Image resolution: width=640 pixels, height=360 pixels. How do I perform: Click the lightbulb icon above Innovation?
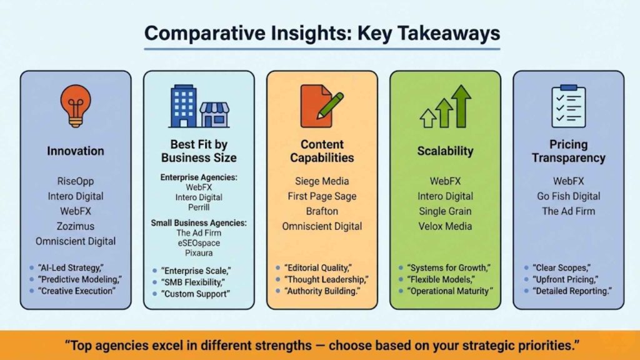pyautogui.click(x=76, y=105)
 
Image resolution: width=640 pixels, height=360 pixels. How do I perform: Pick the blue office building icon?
pyautogui.click(x=183, y=106)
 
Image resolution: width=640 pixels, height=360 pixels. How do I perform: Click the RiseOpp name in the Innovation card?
pyautogui.click(x=76, y=181)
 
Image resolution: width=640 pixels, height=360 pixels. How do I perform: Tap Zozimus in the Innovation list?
pyautogui.click(x=76, y=226)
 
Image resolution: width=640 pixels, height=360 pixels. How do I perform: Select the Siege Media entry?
pyautogui.click(x=322, y=181)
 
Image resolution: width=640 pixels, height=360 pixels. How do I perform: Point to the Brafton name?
pyautogui.click(x=322, y=211)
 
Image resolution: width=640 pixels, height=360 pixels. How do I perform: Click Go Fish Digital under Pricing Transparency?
pyautogui.click(x=568, y=196)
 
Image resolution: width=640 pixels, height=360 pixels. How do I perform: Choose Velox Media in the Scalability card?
pyautogui.click(x=445, y=226)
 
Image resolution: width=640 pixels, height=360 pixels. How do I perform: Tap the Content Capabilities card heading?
pyautogui.click(x=322, y=151)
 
